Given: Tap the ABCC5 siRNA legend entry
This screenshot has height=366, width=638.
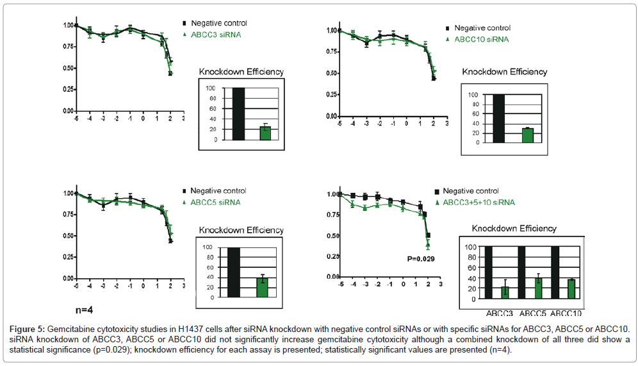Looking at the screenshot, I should click(x=215, y=203).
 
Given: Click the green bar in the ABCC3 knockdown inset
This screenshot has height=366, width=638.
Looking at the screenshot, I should click(x=265, y=133).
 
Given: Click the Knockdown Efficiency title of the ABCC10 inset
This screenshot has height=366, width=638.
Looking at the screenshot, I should click(x=505, y=72).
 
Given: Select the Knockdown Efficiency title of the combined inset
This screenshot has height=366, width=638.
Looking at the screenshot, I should click(x=514, y=228).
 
